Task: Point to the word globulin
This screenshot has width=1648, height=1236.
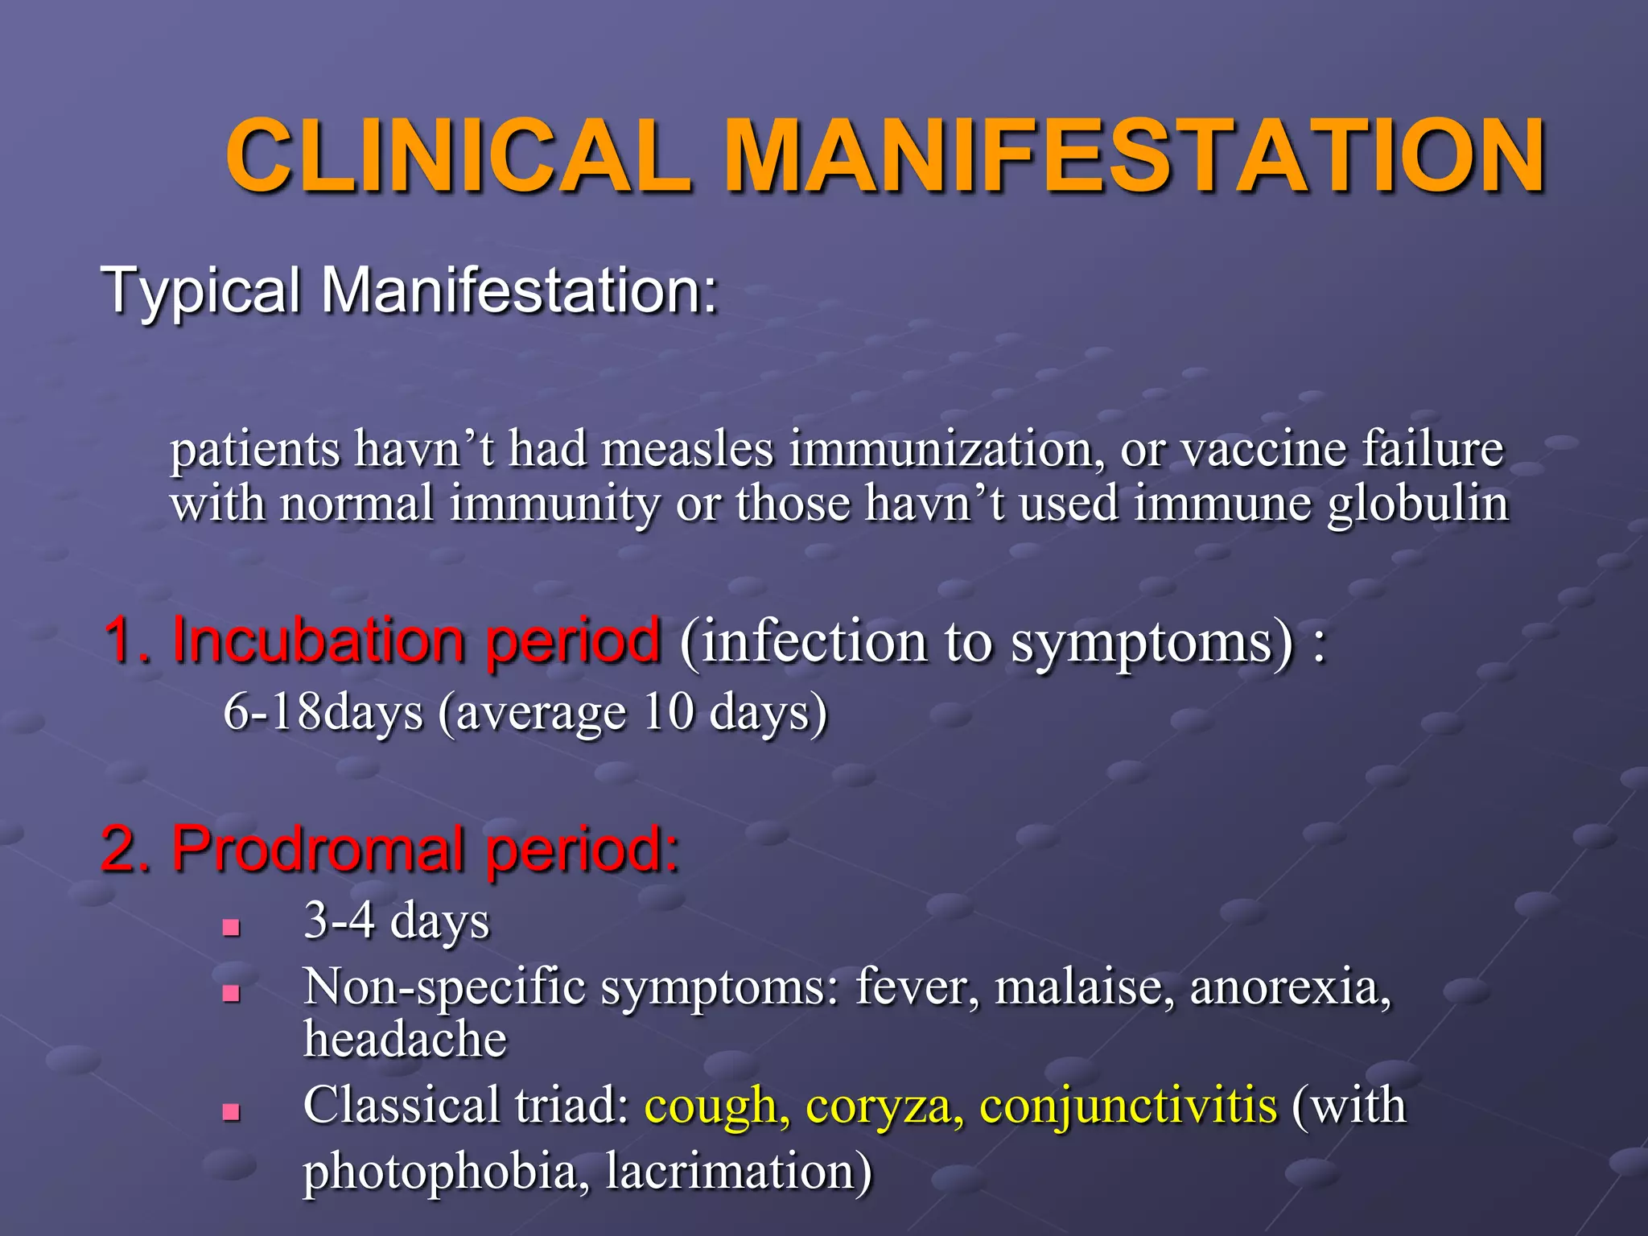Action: tap(1417, 504)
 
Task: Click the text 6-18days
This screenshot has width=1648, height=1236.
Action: tap(323, 713)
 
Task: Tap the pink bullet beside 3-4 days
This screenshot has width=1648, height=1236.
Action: tap(232, 928)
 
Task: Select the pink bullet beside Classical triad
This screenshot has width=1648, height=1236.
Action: tap(232, 1112)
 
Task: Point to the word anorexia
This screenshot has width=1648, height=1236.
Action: tap(1290, 987)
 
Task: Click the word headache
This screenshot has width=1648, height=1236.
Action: tap(405, 1040)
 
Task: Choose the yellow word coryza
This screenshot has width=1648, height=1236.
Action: tap(884, 1107)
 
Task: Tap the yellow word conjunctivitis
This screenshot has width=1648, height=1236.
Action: tap(1127, 1106)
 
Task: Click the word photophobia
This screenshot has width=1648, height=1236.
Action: tap(439, 1172)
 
